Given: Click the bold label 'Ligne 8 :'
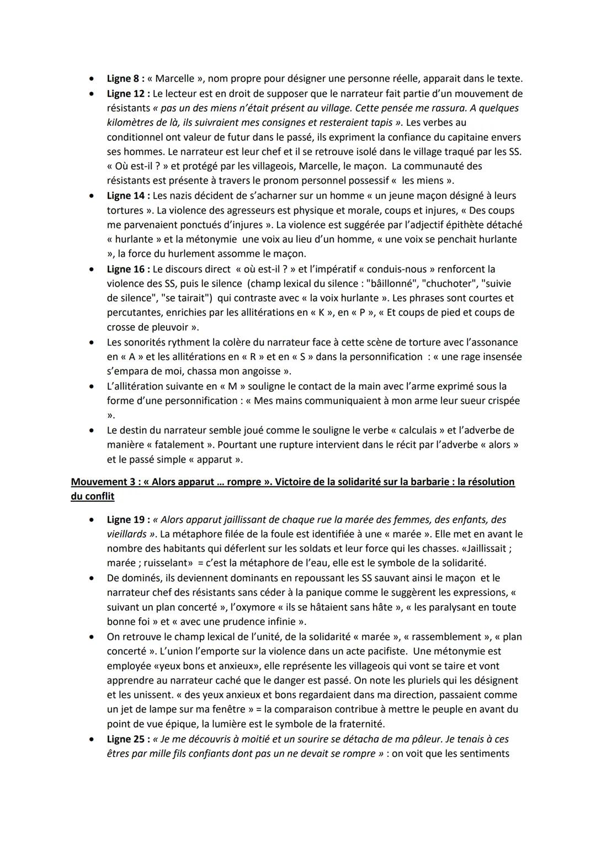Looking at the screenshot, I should click(126, 79).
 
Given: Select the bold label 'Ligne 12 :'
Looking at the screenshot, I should click(129, 94).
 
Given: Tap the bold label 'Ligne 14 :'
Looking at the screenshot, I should click(129, 195).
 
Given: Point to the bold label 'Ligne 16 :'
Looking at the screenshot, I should click(129, 269).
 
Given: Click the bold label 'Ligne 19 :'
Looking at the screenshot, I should click(129, 519).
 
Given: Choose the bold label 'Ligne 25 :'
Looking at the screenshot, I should click(129, 739).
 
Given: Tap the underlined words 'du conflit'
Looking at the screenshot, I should click(93, 496).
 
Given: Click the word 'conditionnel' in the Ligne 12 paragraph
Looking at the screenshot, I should click(136, 137).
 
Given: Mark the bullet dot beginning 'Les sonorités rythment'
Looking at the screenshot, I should click(92, 342).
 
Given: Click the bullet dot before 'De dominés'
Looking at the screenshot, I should click(92, 578).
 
